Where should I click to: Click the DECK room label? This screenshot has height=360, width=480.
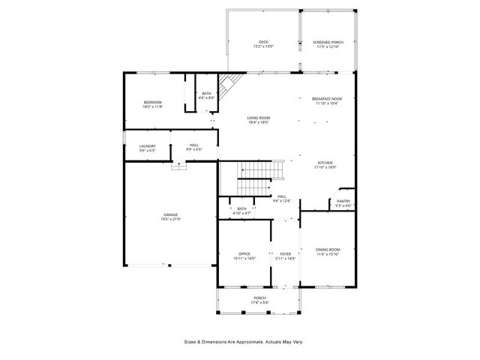(x=263, y=42)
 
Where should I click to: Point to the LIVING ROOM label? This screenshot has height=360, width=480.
(x=259, y=118)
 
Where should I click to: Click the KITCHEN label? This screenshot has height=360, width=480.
(x=325, y=163)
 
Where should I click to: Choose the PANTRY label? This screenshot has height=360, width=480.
(x=343, y=201)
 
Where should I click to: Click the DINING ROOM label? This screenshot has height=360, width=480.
(x=328, y=250)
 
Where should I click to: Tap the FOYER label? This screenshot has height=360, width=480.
(x=286, y=253)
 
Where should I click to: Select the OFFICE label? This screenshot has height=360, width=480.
(x=244, y=253)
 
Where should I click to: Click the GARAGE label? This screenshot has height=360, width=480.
(x=171, y=214)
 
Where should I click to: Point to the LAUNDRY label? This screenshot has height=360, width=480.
(x=147, y=145)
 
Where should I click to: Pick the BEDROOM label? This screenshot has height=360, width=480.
(x=153, y=102)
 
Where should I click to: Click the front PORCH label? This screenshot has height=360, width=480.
(x=259, y=298)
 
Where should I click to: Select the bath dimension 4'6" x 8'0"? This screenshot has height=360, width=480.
(x=207, y=98)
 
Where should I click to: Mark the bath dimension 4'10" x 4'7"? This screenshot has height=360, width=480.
(x=242, y=214)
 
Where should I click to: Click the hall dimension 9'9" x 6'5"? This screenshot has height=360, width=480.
(x=194, y=150)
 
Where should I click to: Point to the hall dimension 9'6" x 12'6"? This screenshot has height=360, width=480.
(x=282, y=201)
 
